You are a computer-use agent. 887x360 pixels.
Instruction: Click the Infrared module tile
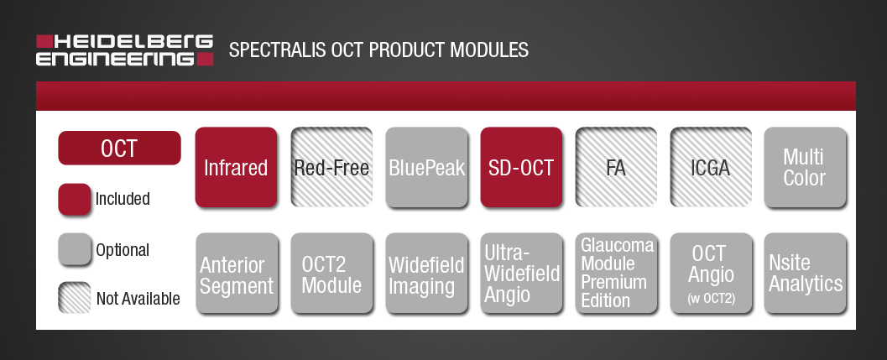pos(236,167)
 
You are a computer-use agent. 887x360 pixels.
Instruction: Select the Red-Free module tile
pos(331,167)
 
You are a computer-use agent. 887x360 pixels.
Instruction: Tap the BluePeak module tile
pos(426,167)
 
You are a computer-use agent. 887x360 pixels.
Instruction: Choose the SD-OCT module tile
pos(522,167)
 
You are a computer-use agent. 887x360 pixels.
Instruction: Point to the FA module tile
pos(616,167)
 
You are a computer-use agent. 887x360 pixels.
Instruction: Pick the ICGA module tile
pos(711,167)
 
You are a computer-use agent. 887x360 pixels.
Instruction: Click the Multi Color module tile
pos(805,167)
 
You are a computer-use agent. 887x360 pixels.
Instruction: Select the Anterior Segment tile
pos(237,273)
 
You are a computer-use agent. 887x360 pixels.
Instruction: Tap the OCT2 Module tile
pos(332,273)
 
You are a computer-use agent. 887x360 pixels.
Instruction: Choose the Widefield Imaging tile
pos(427,273)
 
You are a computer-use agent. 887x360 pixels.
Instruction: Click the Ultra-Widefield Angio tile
pos(522,273)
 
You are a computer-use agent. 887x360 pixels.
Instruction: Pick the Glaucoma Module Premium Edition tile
pos(617,273)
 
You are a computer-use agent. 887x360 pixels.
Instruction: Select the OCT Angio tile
pos(712,273)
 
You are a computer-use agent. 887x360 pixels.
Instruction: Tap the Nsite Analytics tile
pos(806,273)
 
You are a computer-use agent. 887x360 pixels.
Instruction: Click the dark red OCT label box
pos(119,149)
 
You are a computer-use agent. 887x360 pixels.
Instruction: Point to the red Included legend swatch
pos(75,199)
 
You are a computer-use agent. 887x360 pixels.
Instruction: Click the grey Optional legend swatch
pos(75,249)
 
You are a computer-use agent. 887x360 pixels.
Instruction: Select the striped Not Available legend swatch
pos(75,298)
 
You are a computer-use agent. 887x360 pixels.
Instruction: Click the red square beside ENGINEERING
pos(205,59)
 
